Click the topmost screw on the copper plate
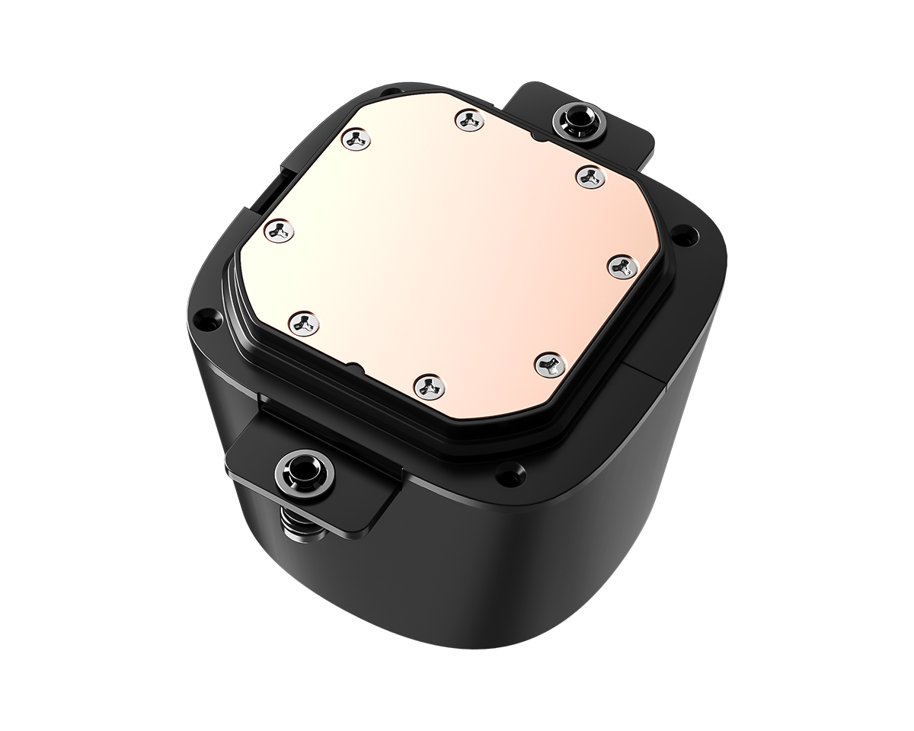pyautogui.click(x=470, y=119)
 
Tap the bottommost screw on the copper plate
pyautogui.click(x=429, y=385)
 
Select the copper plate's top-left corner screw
pyautogui.click(x=356, y=139)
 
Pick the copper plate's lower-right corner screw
pyautogui.click(x=547, y=364)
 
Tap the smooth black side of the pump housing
pyautogui.click(x=533, y=579)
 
